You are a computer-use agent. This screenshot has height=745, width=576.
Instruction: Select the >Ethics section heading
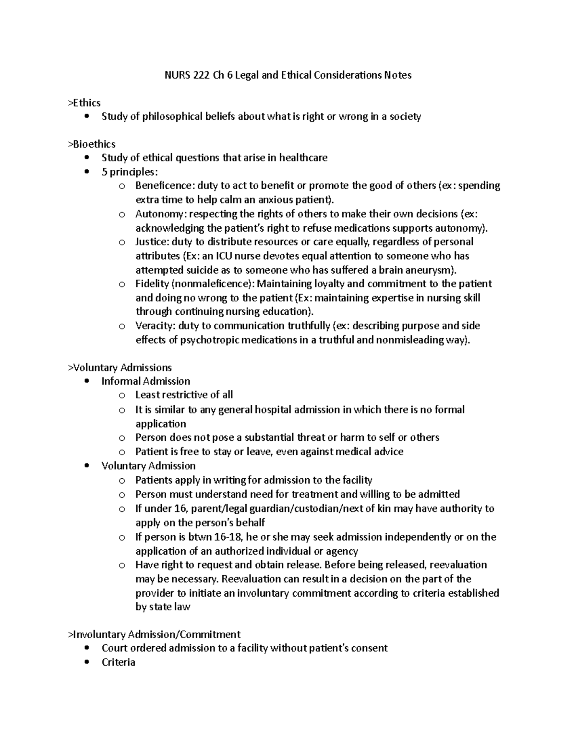84,103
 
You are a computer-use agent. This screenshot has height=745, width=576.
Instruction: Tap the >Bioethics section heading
92,144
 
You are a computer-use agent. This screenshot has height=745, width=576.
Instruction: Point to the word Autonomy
156,213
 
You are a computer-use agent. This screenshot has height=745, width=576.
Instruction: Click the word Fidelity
151,284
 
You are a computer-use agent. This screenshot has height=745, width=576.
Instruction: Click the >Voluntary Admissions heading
120,367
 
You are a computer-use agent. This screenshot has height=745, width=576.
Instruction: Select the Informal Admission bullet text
146,381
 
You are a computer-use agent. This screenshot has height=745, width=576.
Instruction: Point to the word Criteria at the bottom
118,662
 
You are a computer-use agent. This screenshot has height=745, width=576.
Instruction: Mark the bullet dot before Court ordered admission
86,648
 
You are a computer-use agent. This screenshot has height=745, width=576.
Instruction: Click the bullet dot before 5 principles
86,172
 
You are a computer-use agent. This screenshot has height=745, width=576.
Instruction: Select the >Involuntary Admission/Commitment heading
154,635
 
